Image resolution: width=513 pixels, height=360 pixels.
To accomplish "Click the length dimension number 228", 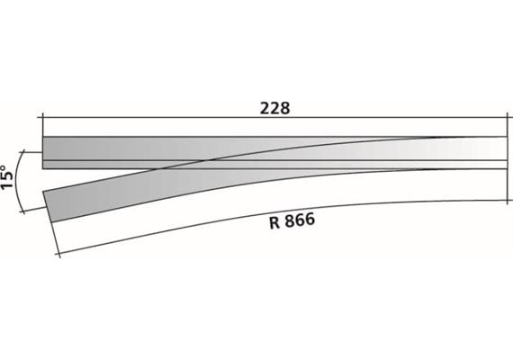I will coord(274,107).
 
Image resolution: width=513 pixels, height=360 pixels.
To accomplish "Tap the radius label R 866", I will coord(292,220).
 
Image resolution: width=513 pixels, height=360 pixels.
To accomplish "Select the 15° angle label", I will coord(9,177).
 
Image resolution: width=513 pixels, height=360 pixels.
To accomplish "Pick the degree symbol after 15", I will coord(8,165).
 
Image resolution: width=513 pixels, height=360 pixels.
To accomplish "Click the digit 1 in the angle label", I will coord(9,186).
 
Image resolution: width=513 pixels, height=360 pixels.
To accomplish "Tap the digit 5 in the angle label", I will coord(9,176).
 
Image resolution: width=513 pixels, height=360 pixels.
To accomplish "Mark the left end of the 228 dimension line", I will coord(42,117).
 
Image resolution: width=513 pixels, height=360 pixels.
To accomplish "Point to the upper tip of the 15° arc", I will coord(40,151).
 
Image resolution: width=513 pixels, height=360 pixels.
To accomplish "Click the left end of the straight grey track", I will coord(43,152).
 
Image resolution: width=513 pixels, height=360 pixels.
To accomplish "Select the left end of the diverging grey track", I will coord(49,206).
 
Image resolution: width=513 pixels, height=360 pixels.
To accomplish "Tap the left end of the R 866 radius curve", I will coord(58,255).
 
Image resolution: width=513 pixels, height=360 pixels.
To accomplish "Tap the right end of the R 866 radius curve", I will coord(505,201).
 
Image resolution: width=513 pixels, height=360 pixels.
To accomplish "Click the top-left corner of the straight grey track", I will coord(42,137).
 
